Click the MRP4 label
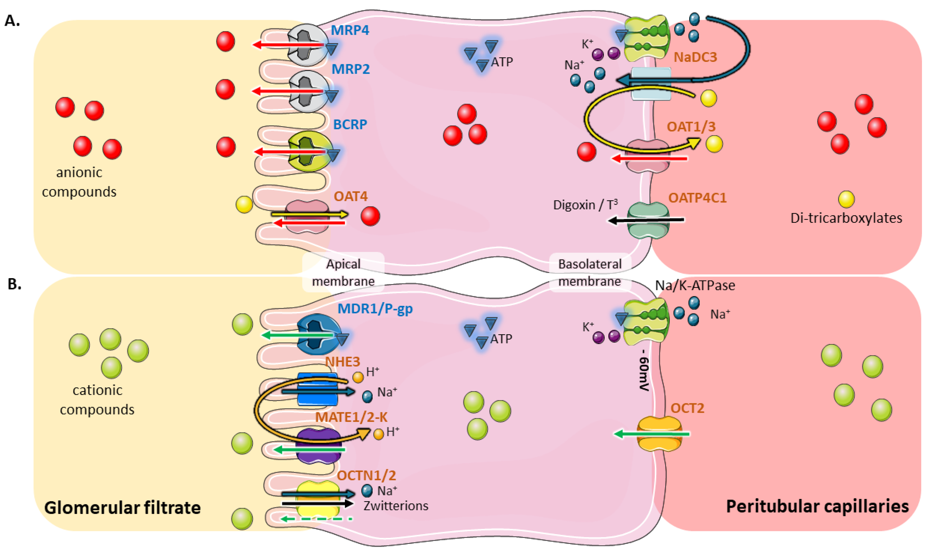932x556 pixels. (350, 30)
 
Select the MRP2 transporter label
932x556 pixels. (351, 69)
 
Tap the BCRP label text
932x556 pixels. (350, 124)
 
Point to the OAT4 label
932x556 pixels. (351, 196)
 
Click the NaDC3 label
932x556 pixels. (695, 57)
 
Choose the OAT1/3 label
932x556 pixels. (691, 127)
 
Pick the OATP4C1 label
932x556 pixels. (698, 198)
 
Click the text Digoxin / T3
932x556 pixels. (585, 205)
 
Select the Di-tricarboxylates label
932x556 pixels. (846, 218)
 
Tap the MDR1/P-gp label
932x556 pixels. (375, 309)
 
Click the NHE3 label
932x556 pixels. (342, 362)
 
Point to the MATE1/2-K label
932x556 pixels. (351, 417)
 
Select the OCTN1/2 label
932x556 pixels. (366, 475)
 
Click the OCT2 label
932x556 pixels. (687, 408)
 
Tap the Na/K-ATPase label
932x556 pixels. (695, 286)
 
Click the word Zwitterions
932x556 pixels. (396, 506)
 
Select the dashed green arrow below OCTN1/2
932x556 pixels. (316, 519)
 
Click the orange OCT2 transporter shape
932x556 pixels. (659, 434)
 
